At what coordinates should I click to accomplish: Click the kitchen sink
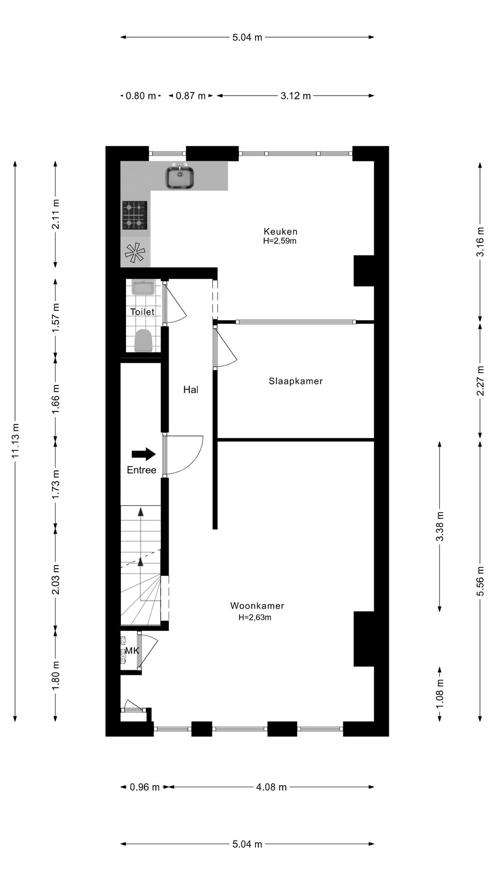pos(181,177)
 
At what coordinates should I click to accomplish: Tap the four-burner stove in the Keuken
pos(135,215)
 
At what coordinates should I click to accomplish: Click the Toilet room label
pos(142,312)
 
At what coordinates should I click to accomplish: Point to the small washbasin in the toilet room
pos(143,288)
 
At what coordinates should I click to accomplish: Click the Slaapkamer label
pos(296,381)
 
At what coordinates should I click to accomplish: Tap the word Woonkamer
pos(257,606)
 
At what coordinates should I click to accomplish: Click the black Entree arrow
pos(143,454)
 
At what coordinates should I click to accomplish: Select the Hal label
pos(191,390)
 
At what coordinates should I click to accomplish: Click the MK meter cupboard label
pos(132,651)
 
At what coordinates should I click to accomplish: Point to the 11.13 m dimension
pos(16,440)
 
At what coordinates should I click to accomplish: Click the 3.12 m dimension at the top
pos(296,96)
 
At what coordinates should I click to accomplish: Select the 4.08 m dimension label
pos(271,787)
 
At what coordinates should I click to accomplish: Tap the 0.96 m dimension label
pos(144,787)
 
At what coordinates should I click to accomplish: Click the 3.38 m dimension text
pos(440,526)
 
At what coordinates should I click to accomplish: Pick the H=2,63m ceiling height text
pos(255,618)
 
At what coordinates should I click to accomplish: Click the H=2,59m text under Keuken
pos(280,241)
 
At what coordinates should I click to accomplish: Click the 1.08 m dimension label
pos(440,693)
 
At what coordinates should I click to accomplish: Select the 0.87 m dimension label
pos(191,96)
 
